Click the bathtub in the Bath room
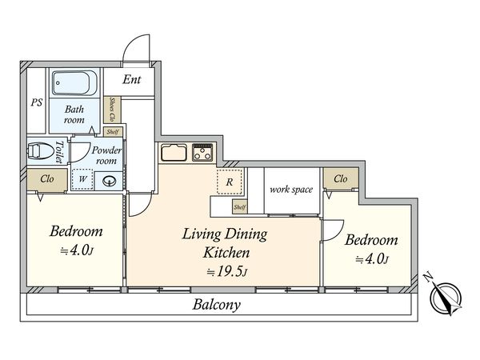(74, 83)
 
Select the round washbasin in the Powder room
(110, 182)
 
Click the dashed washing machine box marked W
(82, 179)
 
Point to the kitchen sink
(174, 152)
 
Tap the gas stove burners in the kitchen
(202, 152)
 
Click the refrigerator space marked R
(230, 182)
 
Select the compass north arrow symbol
(446, 296)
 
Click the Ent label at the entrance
(132, 79)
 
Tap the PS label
(37, 102)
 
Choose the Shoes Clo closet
(112, 110)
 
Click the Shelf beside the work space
(239, 207)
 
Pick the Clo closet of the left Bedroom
(47, 179)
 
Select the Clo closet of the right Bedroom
(341, 178)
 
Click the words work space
(291, 190)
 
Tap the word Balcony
(217, 305)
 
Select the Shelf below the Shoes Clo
(113, 132)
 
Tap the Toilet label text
(59, 151)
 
